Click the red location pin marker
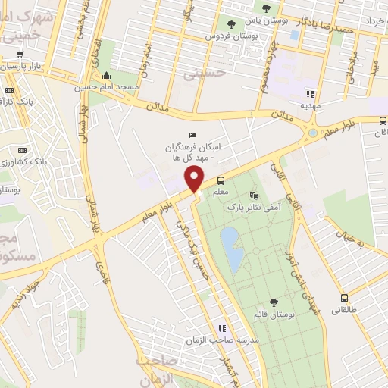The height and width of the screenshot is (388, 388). tap(196, 179)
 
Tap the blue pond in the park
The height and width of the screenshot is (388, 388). tap(233, 249)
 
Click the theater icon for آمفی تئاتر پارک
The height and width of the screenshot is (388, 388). tap(252, 195)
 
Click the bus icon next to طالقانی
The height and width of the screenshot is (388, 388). tap(345, 298)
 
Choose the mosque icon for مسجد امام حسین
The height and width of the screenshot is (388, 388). tap(106, 75)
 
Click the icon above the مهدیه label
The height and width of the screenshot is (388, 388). tap(309, 95)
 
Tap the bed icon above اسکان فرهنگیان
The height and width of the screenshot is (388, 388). tap(192, 134)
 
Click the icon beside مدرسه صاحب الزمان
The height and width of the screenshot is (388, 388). tap(222, 328)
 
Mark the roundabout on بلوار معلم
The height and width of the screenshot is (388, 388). tap(312, 134)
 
